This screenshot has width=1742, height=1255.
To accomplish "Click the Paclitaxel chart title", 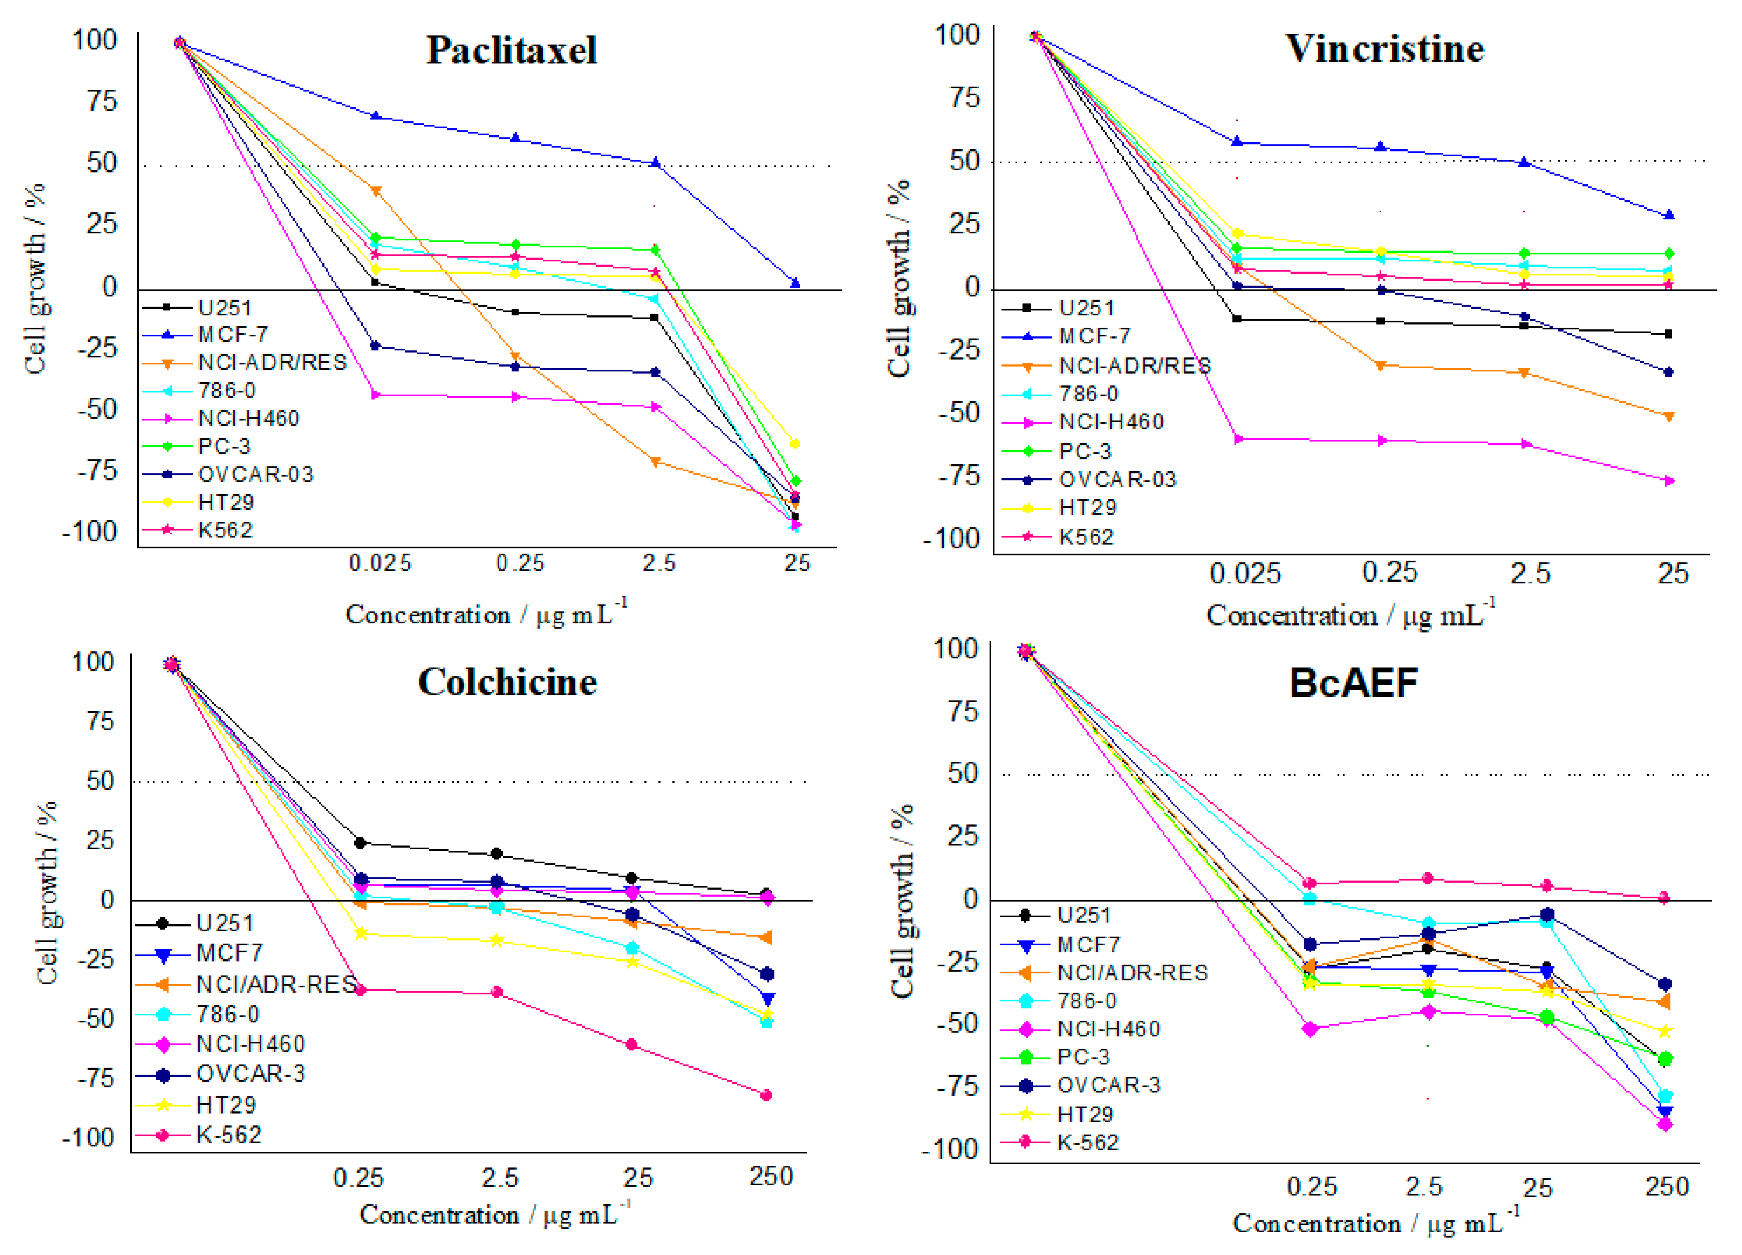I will click(512, 51).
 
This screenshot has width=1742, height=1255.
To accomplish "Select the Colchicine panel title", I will click(507, 682).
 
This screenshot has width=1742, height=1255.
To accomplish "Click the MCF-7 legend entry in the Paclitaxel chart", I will click(232, 335).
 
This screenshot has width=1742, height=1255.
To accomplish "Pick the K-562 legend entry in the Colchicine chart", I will click(228, 1135).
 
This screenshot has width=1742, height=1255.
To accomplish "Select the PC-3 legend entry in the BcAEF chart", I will click(1083, 1057).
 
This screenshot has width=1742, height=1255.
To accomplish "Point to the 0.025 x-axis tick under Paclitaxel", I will click(380, 564).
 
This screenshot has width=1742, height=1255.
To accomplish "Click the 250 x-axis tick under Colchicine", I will click(771, 1176).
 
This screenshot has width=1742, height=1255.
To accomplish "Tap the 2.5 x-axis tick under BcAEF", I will click(1424, 1187).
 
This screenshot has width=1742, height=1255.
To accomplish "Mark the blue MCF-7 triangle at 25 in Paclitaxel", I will click(795, 283).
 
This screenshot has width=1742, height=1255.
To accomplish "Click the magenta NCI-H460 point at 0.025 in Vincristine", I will click(1237, 439).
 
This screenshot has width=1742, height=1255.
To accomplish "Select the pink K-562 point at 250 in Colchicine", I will click(766, 1094).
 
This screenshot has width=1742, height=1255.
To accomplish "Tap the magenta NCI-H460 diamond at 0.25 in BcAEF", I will click(1311, 1029).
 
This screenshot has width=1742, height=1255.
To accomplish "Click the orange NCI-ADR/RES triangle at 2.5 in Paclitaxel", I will click(655, 462).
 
